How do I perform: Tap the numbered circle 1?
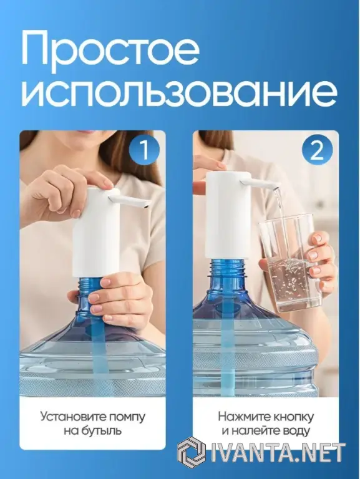[144, 150]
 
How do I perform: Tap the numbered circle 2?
[317, 150]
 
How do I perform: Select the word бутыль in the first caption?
[102, 431]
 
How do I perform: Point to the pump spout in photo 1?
[130, 200]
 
